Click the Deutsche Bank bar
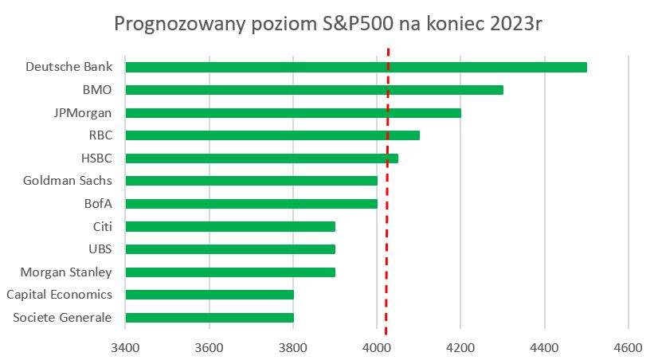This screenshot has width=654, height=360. [x=355, y=67]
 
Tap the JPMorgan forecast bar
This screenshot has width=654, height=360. [x=292, y=112]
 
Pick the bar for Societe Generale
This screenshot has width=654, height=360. [x=209, y=318]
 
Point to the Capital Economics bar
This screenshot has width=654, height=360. [x=209, y=295]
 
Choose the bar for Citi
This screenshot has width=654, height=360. [x=229, y=226]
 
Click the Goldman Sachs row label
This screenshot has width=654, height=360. [x=69, y=181]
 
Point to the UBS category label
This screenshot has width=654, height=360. [x=100, y=249]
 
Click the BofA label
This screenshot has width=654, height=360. [x=98, y=204]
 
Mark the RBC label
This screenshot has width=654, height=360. [x=100, y=135]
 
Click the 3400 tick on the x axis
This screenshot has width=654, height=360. [x=125, y=347]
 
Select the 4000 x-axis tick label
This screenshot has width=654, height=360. [x=377, y=347]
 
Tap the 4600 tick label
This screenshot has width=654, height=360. [x=628, y=347]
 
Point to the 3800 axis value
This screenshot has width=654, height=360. [x=293, y=347]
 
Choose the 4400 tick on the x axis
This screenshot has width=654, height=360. [x=544, y=347]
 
